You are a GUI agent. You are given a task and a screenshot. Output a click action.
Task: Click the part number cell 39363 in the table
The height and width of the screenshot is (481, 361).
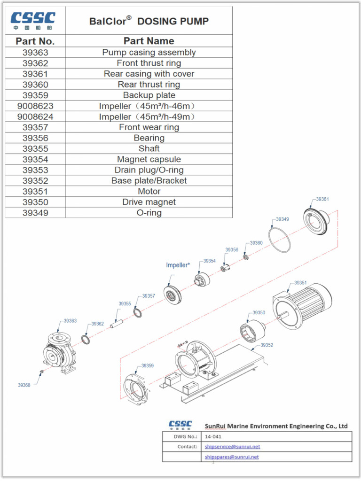pos(35,53)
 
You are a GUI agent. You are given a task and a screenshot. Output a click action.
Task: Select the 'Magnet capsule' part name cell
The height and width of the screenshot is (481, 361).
pos(149,159)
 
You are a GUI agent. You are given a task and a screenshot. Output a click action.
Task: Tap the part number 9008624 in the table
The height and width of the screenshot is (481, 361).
pos(35,116)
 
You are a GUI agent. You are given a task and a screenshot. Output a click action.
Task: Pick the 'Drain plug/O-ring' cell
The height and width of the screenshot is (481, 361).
pos(149,170)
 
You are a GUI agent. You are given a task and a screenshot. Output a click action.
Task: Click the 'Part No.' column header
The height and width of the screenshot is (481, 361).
pos(35,41)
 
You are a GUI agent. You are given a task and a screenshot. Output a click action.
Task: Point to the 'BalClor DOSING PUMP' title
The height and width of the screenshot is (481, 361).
pos(149,21)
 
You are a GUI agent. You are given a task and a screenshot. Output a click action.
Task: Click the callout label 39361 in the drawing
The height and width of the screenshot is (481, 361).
pos(322,199)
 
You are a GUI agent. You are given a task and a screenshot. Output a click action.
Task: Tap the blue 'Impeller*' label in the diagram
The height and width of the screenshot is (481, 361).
pos(178,265)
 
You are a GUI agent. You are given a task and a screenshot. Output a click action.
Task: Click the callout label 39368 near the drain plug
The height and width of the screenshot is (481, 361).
pos(24,385)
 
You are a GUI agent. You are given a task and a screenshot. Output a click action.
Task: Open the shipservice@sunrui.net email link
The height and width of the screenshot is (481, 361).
pos(232,446)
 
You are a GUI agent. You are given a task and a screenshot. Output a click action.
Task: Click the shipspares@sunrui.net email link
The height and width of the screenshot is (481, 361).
pos(232,457)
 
